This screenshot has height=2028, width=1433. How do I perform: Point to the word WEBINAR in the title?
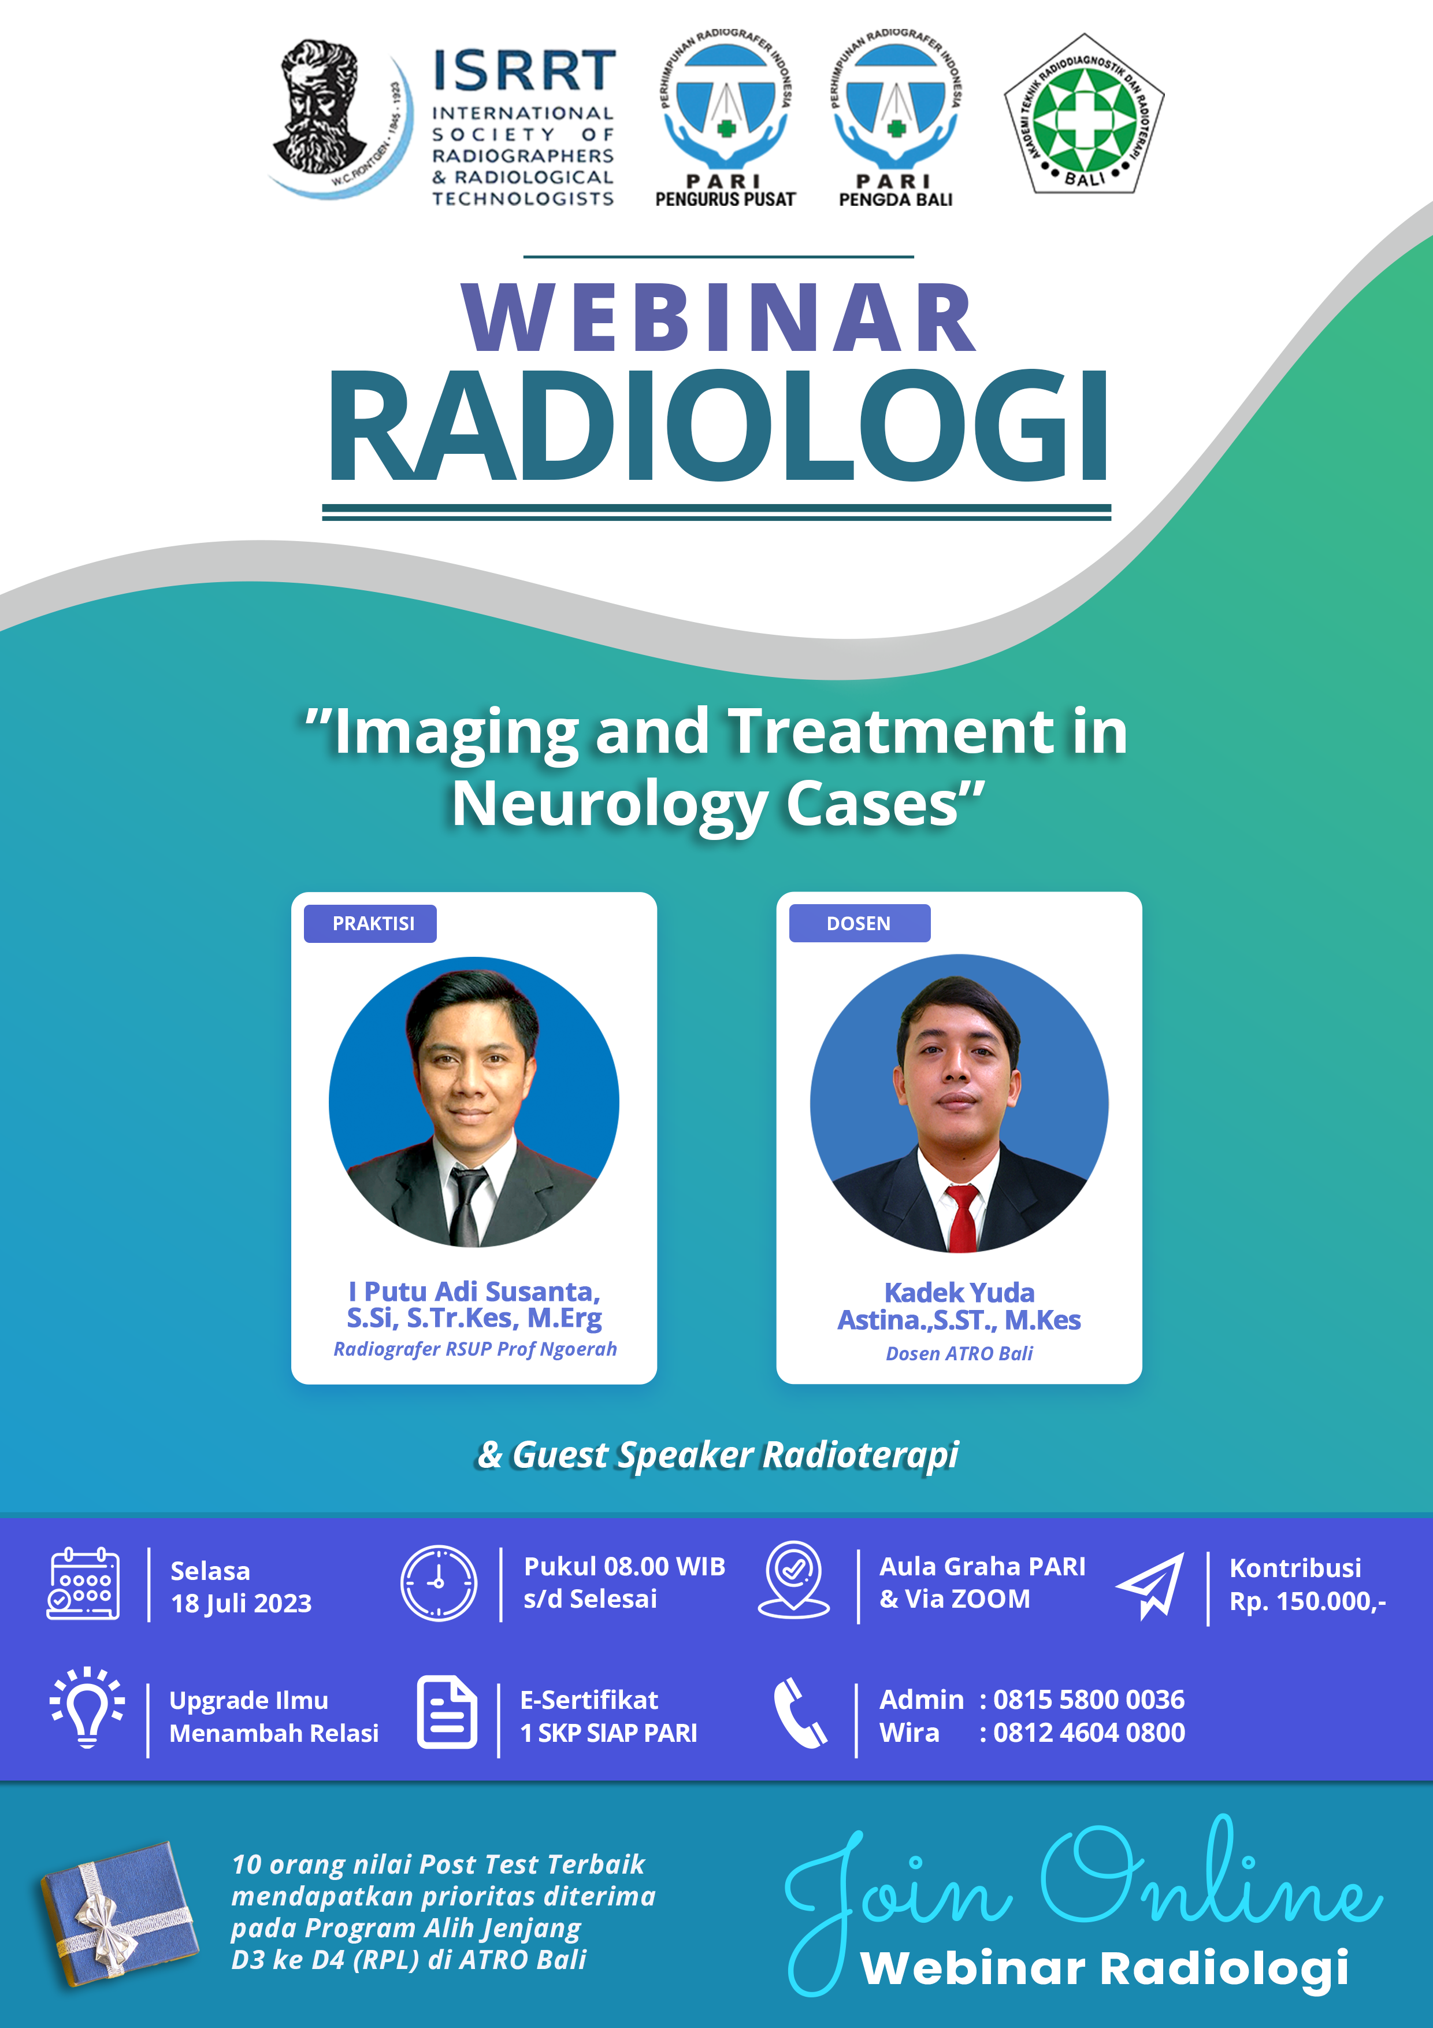click(x=719, y=318)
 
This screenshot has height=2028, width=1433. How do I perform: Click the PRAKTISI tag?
click(x=371, y=923)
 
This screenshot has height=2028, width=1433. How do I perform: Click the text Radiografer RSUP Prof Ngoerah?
click(x=475, y=1349)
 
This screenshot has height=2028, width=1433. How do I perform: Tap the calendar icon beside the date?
click(x=83, y=1583)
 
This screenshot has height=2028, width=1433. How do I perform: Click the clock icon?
click(x=439, y=1583)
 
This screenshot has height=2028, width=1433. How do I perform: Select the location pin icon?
click(x=794, y=1580)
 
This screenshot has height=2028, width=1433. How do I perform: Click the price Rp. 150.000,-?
click(x=1308, y=1601)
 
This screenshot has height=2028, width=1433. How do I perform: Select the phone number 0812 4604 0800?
click(x=1089, y=1733)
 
